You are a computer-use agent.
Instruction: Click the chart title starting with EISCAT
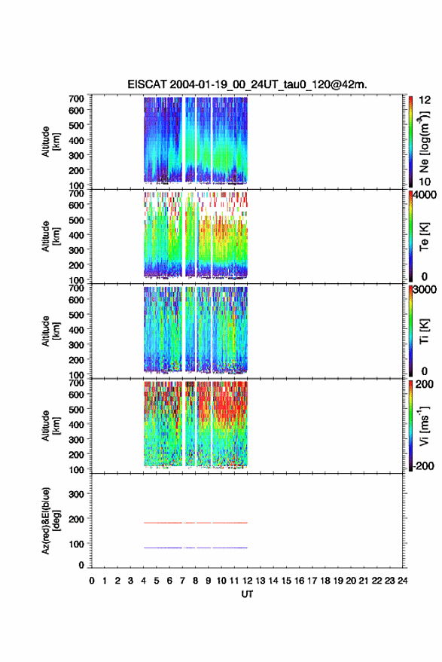click(248, 84)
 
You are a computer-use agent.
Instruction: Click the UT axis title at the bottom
click(247, 594)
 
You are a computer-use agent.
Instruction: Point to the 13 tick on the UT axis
click(260, 581)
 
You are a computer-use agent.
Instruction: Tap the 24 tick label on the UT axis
click(402, 581)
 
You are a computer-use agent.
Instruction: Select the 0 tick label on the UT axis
click(92, 581)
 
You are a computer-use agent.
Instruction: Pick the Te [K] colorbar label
click(424, 236)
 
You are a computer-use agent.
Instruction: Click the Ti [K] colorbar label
click(424, 331)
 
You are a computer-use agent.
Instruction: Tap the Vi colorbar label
click(424, 426)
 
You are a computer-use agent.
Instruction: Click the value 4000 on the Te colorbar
click(425, 195)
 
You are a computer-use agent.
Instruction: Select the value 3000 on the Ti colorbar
click(425, 290)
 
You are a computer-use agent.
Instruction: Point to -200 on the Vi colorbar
click(423, 466)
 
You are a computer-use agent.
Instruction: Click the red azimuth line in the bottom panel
click(196, 523)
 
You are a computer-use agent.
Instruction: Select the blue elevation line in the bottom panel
click(196, 548)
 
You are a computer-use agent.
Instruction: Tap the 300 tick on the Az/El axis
click(76, 494)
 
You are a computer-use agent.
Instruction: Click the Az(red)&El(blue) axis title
click(50, 520)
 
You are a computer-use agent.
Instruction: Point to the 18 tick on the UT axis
click(325, 581)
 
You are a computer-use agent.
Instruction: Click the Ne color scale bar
click(411, 142)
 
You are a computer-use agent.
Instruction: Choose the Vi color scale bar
click(411, 426)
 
